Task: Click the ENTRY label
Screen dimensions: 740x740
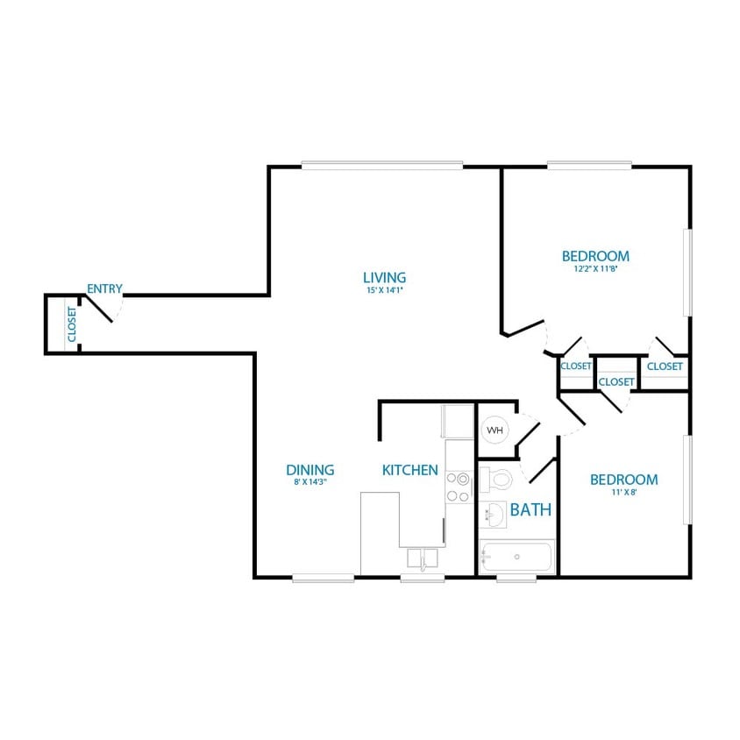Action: click(x=104, y=288)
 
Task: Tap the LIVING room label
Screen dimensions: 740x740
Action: click(x=385, y=278)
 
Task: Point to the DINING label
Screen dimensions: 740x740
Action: click(x=310, y=470)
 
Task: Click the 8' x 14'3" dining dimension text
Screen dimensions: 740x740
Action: click(x=310, y=482)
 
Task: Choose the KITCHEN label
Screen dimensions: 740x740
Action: click(x=409, y=470)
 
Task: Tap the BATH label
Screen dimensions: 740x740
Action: click(x=530, y=509)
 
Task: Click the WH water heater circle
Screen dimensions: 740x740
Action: click(x=495, y=430)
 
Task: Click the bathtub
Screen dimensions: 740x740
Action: click(x=517, y=556)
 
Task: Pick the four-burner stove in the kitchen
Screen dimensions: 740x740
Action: click(x=457, y=487)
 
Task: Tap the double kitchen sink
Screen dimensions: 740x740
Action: click(x=423, y=559)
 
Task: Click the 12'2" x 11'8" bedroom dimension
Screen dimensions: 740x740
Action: click(x=595, y=269)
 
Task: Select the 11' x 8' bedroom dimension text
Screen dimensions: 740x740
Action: click(x=623, y=493)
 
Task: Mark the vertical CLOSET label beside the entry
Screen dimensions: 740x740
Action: click(x=72, y=324)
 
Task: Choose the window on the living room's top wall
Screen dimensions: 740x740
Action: click(x=382, y=165)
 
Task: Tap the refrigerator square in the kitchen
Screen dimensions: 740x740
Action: click(x=457, y=421)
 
